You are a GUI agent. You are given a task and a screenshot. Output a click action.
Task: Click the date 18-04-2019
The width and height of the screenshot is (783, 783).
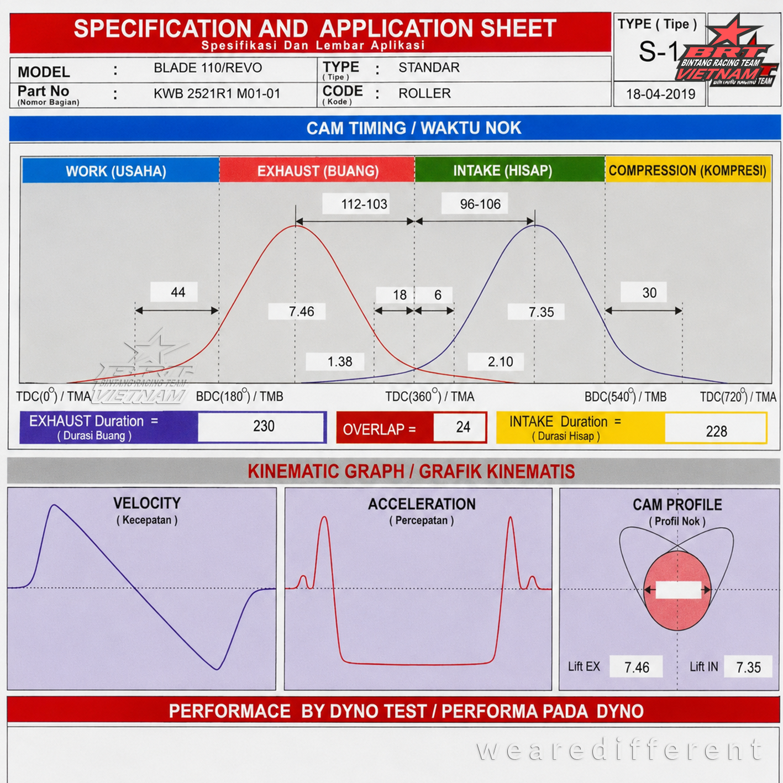point(660,94)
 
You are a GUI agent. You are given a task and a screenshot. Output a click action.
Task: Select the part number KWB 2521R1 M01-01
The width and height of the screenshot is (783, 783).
point(217,94)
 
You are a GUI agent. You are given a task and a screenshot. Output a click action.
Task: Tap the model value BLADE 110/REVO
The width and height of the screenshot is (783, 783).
point(208,67)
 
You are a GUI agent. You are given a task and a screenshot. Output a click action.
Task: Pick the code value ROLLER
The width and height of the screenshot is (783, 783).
point(424,93)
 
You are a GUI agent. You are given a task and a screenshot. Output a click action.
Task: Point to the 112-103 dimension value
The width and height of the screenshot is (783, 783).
point(364,204)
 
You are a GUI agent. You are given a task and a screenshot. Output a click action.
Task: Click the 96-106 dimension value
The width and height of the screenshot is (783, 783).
point(480,204)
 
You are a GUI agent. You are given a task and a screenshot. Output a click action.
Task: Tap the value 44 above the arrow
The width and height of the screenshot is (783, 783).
point(178,292)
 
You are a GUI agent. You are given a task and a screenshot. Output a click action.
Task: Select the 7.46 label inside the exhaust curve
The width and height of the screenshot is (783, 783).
point(301,312)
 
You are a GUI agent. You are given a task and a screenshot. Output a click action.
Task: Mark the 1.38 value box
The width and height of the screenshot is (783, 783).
point(335,361)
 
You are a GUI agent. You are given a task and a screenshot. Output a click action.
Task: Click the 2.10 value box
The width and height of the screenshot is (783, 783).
point(496,361)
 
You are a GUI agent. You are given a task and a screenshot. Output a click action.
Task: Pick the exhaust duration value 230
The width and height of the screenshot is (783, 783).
point(264,426)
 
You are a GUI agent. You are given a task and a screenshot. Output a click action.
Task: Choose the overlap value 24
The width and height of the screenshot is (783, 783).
point(463,427)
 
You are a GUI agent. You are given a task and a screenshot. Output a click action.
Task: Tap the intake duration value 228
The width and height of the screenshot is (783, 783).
point(716,431)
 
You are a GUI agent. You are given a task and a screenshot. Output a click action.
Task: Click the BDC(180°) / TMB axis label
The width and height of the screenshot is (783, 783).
point(239,396)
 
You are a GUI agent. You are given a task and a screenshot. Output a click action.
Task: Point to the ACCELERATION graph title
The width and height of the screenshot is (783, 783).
point(422,504)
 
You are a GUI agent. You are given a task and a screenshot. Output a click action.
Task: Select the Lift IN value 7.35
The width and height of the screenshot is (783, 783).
point(748,667)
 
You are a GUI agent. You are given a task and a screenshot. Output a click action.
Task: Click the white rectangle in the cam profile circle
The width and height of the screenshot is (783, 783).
point(678,590)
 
